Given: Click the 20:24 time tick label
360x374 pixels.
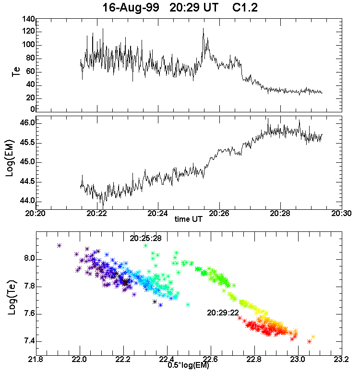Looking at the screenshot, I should (x=158, y=213).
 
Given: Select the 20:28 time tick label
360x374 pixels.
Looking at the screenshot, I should (x=281, y=213).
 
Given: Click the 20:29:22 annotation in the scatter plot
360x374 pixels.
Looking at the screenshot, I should (x=223, y=312).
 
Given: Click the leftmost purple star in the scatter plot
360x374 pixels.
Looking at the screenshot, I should (x=59, y=245).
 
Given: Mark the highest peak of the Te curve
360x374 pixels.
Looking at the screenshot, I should (x=203, y=28).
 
